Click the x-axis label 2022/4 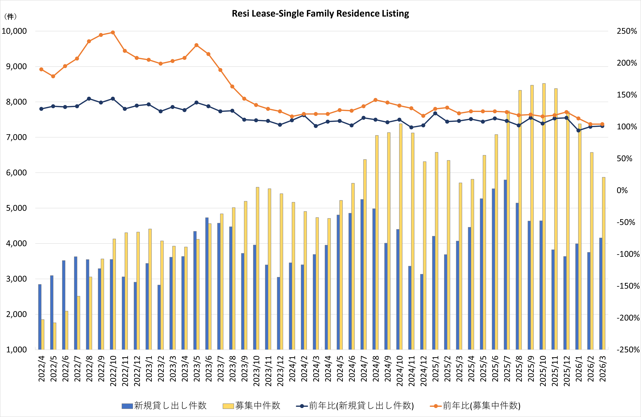pos(42,369)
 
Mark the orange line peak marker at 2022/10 pos(113,33)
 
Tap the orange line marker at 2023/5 pos(196,45)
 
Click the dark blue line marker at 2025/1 pos(435,113)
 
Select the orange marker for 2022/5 pos(53,76)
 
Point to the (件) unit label pos(10,17)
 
